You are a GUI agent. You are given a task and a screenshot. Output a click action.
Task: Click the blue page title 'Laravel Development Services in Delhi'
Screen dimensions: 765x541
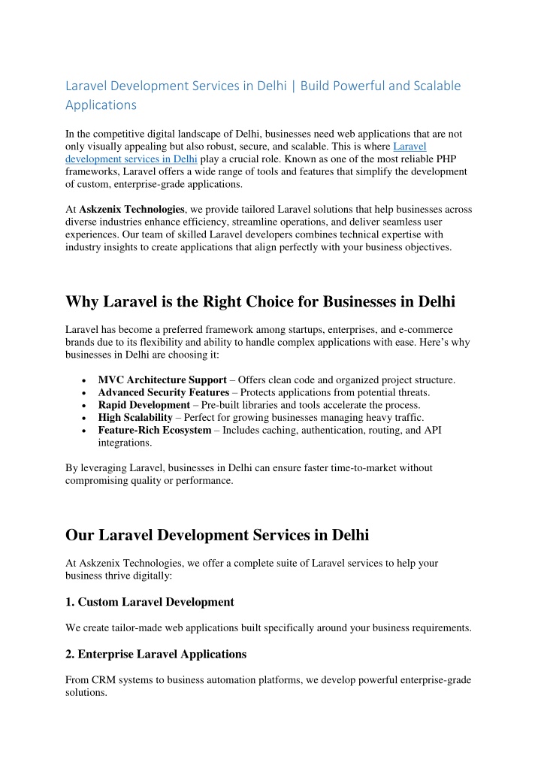[176, 86]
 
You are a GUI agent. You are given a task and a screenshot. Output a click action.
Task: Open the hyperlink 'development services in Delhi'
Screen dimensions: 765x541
[131, 159]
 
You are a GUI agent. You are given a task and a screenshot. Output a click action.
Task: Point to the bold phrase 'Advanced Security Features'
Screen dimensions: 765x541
[163, 392]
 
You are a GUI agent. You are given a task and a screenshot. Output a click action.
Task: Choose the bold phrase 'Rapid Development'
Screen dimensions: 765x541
[144, 405]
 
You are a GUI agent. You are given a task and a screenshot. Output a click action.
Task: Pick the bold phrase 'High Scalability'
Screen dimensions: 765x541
[135, 418]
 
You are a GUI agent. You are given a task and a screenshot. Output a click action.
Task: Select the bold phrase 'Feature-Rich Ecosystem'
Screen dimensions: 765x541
[154, 431]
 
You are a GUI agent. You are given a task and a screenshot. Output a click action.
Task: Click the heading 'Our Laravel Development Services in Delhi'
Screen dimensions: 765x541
[218, 536]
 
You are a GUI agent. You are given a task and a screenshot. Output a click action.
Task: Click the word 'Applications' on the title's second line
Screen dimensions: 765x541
[101, 105]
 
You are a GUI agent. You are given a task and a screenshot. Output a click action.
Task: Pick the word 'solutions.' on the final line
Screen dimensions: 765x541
[86, 694]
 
